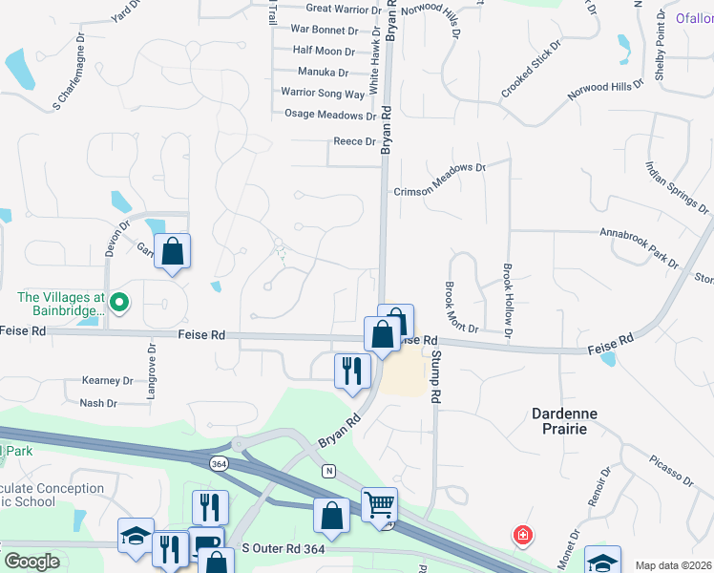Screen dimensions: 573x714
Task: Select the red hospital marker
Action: [x=522, y=534]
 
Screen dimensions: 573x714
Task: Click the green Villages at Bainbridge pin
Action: [x=118, y=304]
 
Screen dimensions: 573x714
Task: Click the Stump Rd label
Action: [x=436, y=375]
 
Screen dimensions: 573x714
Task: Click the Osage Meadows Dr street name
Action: [x=330, y=115]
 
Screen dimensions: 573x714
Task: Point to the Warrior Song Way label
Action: [x=323, y=94]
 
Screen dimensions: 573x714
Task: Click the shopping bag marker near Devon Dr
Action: [x=173, y=252]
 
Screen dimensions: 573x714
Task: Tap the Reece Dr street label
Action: [x=354, y=141]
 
